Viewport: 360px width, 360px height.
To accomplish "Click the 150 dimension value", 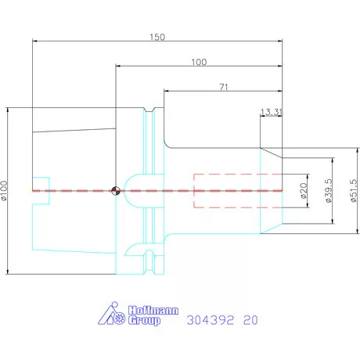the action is click(157, 37).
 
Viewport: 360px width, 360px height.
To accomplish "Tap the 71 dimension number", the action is click(224, 87).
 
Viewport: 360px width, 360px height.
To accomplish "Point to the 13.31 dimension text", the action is click(272, 112).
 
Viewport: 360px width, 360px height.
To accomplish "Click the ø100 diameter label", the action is click(5, 191).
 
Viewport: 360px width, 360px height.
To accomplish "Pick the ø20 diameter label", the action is click(304, 191).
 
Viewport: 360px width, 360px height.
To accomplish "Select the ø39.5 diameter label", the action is click(329, 191).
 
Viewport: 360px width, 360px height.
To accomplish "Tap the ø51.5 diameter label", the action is click(354, 191).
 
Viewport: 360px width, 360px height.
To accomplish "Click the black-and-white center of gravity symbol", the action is click(116, 191).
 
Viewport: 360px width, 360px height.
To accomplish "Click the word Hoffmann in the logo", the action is click(153, 310).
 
